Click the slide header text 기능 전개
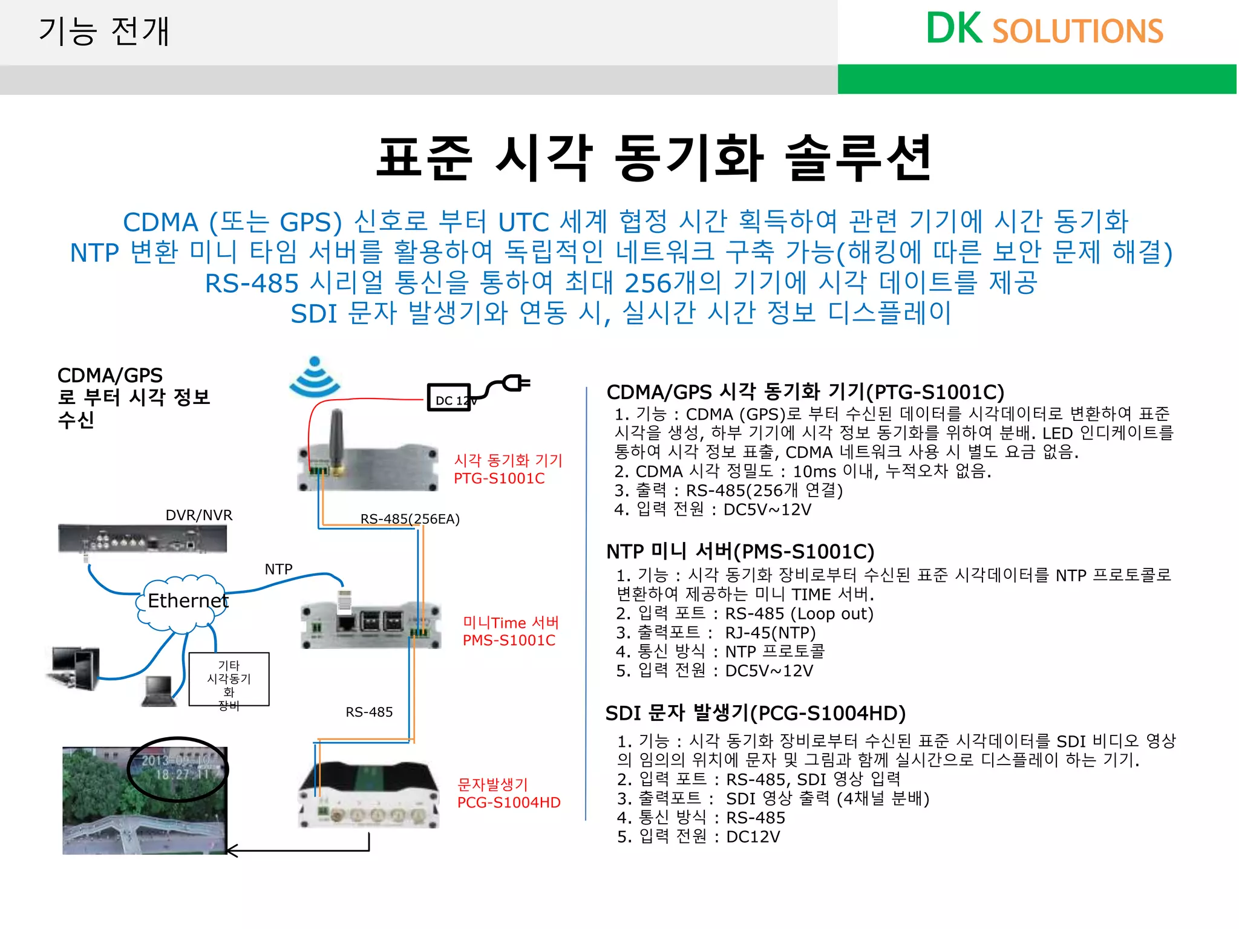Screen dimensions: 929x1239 [x=104, y=31]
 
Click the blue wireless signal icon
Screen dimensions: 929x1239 [x=315, y=378]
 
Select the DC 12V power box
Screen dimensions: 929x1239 [x=449, y=398]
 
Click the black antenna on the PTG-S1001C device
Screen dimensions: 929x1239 [x=336, y=438]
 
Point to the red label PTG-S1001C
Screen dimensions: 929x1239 [x=499, y=478]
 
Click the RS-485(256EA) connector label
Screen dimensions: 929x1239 [x=410, y=519]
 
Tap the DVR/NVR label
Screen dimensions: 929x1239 [x=199, y=515]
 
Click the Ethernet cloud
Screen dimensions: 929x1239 [x=185, y=602]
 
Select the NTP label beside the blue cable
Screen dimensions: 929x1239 [x=278, y=569]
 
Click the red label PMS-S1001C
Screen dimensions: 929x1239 [x=509, y=641]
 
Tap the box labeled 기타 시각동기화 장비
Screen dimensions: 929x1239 [x=229, y=679]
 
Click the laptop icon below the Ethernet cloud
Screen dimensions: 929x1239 [x=159, y=691]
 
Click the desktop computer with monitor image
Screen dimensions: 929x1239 [x=74, y=668]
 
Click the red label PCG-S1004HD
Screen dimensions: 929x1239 [x=509, y=803]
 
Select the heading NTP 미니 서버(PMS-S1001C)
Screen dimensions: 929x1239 [x=740, y=552]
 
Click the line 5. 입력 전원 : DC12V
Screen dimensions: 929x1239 [x=699, y=837]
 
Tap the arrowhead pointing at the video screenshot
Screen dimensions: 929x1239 [x=231, y=851]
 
